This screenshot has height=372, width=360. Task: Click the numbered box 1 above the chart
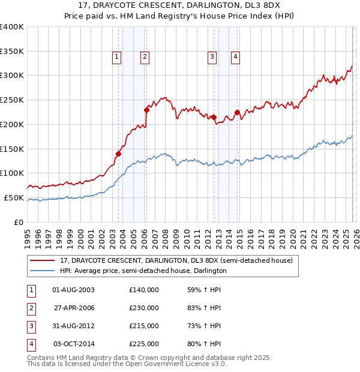(x=116, y=57)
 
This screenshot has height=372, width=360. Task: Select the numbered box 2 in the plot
(x=145, y=57)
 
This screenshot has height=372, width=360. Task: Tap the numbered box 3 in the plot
(x=212, y=57)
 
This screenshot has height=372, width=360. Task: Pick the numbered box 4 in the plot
(x=236, y=57)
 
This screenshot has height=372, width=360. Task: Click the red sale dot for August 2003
(x=118, y=154)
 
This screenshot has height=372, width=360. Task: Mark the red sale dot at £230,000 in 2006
(x=146, y=110)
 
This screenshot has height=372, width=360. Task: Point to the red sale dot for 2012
(x=214, y=117)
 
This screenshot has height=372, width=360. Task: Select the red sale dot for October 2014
(x=237, y=112)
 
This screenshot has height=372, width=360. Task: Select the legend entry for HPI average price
(x=143, y=271)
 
